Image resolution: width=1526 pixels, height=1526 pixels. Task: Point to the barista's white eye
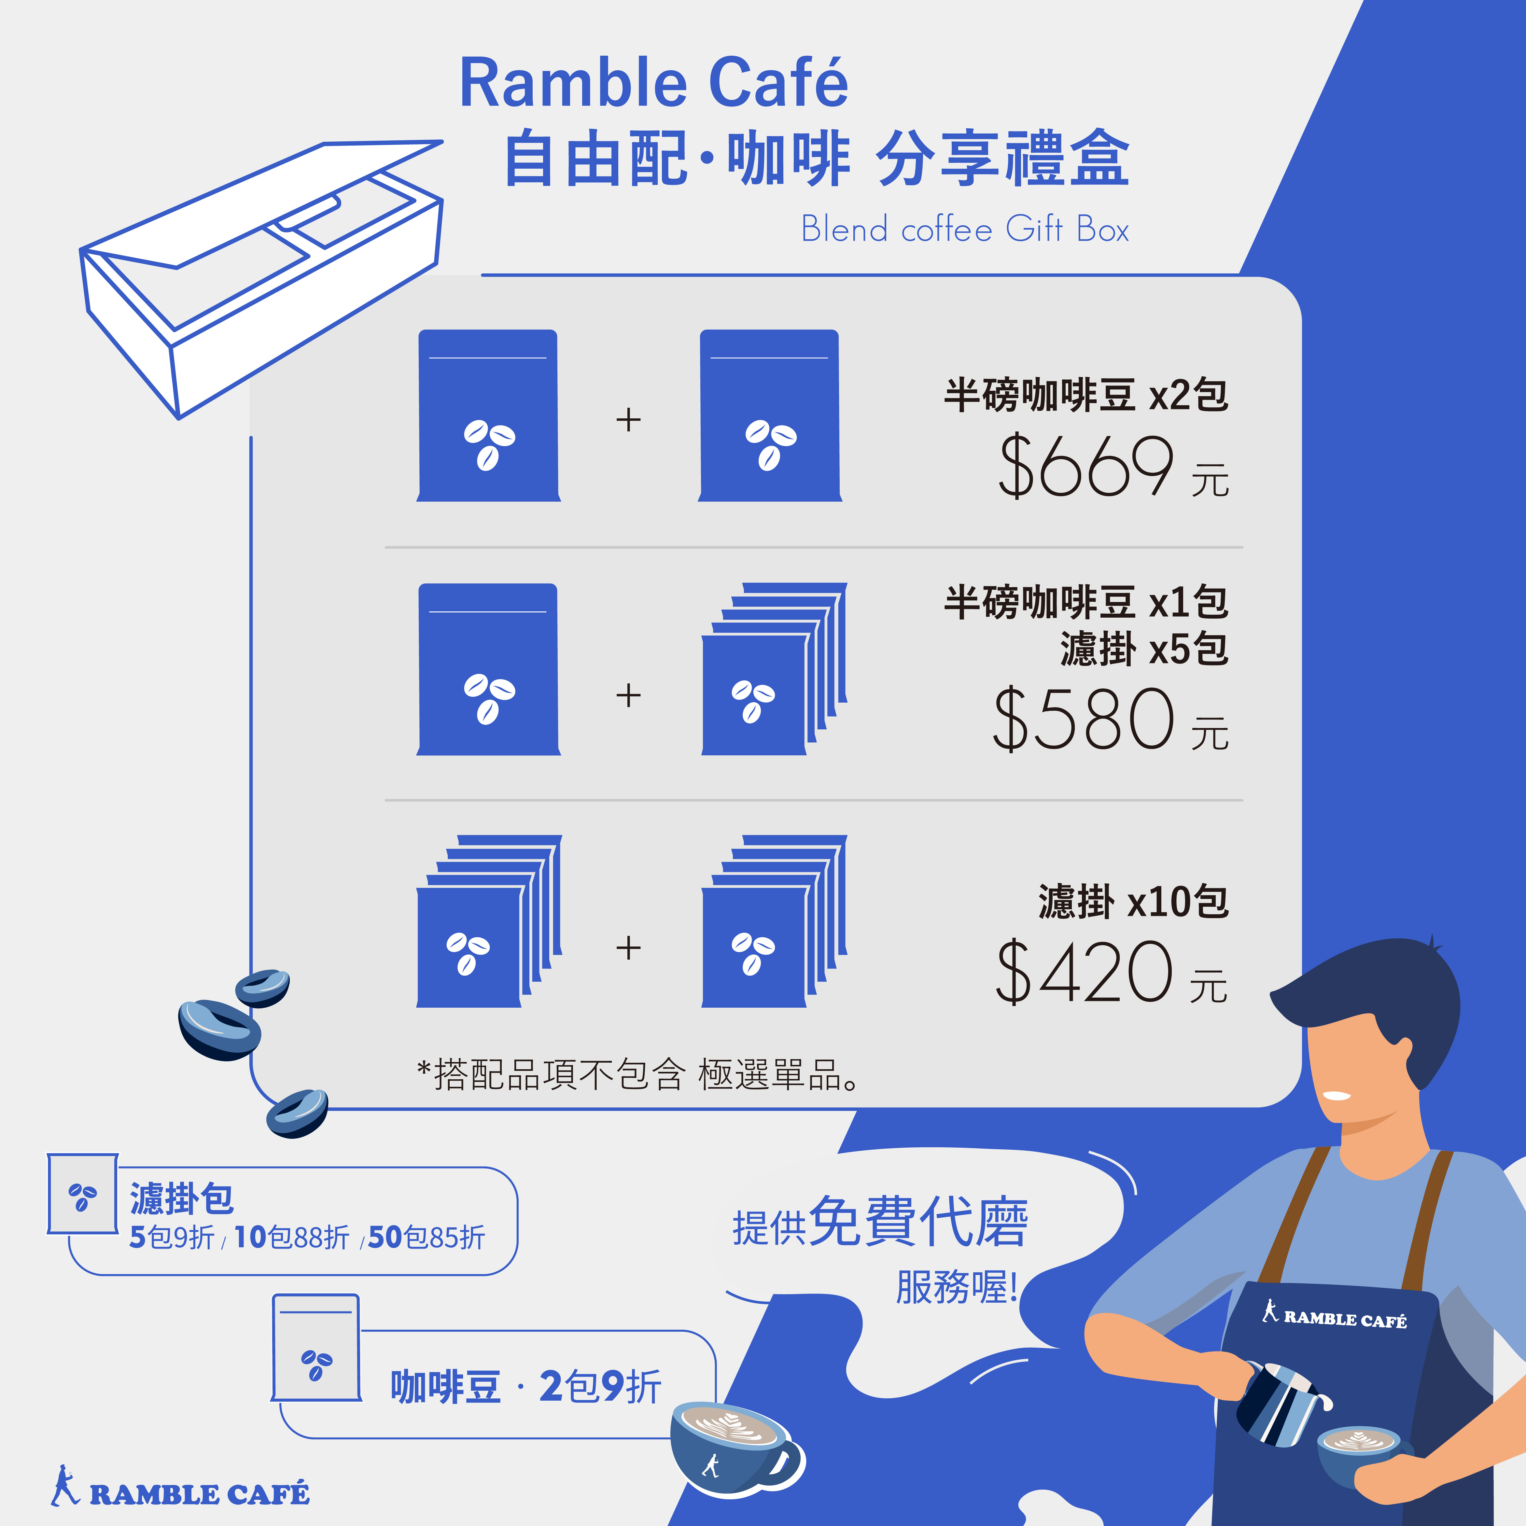(x=1337, y=1096)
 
